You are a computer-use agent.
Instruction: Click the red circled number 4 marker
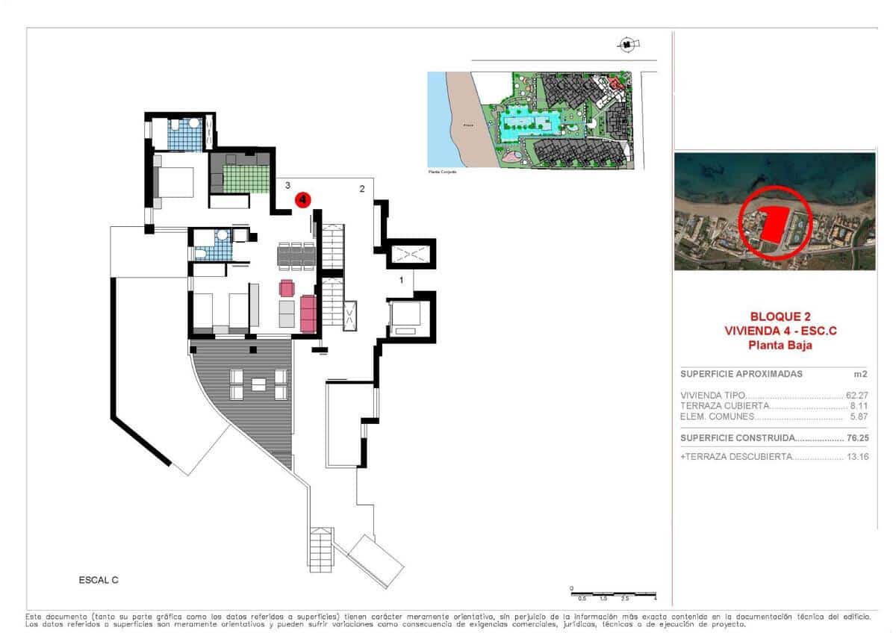[303, 199]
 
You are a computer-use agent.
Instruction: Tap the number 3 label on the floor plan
[287, 184]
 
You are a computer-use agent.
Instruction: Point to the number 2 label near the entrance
[362, 189]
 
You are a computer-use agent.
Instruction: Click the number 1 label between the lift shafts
[402, 281]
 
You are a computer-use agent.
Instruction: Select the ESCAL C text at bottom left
[99, 579]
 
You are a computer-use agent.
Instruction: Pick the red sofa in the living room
[308, 314]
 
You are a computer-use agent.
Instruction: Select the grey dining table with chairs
[296, 256]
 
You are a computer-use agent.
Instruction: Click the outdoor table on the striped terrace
[258, 384]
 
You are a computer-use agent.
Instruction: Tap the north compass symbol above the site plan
[626, 45]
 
